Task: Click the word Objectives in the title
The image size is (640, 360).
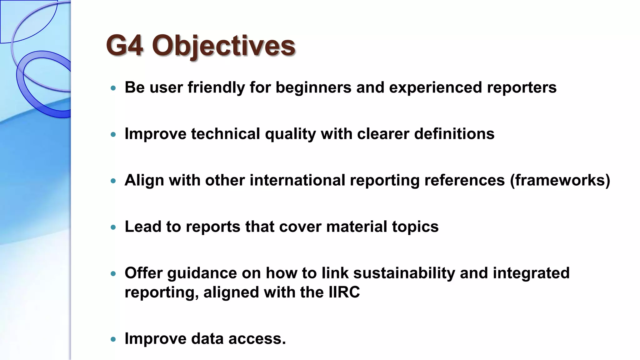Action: coord(223,46)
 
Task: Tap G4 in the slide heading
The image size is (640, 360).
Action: coord(125,46)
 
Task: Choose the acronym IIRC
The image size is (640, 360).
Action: coord(344,292)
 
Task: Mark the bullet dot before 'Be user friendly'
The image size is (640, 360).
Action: coord(113,88)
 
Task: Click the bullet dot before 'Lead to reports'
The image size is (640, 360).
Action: coord(113,227)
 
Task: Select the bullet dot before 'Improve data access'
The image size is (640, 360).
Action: coord(113,339)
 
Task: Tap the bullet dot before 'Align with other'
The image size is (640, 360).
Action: coord(113,181)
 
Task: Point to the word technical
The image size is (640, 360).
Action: coord(225,134)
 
